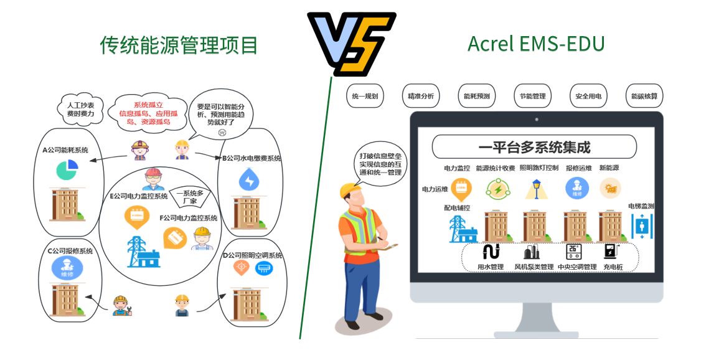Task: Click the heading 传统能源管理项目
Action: tap(179, 45)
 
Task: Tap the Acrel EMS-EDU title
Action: tap(535, 44)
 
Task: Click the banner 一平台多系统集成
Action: tap(534, 147)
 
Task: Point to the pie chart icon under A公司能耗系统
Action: tap(65, 169)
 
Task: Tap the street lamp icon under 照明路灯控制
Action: tap(534, 189)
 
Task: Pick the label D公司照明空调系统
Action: tap(252, 255)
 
